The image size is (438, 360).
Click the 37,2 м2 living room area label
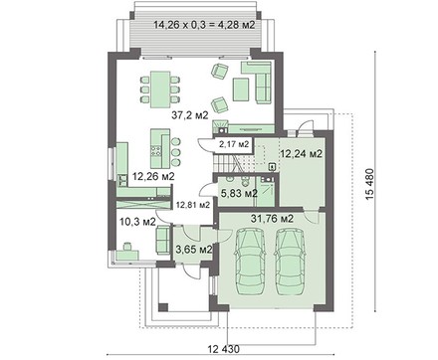pyautogui.click(x=190, y=115)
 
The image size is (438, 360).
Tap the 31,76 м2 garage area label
pyautogui.click(x=272, y=219)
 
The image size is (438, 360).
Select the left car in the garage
pyautogui.click(x=250, y=262)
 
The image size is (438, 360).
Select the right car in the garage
pyautogui.click(x=290, y=262)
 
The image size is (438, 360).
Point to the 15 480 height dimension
pyautogui.click(x=370, y=184)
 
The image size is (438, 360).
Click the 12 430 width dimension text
pyautogui.click(x=223, y=349)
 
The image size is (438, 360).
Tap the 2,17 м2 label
pyautogui.click(x=234, y=144)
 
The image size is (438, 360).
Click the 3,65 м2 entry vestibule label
pyautogui.click(x=194, y=249)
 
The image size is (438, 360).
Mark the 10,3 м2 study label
pyautogui.click(x=137, y=222)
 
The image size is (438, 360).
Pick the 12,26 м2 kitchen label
pyautogui.click(x=153, y=176)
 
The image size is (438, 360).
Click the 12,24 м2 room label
pyautogui.click(x=302, y=154)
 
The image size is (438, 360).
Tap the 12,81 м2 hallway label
pyautogui.click(x=193, y=205)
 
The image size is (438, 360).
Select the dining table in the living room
pyautogui.click(x=160, y=90)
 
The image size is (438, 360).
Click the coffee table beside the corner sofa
pyautogui.click(x=241, y=89)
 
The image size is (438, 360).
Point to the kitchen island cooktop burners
pyautogui.click(x=155, y=150)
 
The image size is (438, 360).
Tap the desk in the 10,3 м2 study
pyautogui.click(x=127, y=255)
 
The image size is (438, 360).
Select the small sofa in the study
pyautogui.click(x=163, y=240)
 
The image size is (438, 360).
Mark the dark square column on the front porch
pyautogui.click(x=163, y=307)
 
